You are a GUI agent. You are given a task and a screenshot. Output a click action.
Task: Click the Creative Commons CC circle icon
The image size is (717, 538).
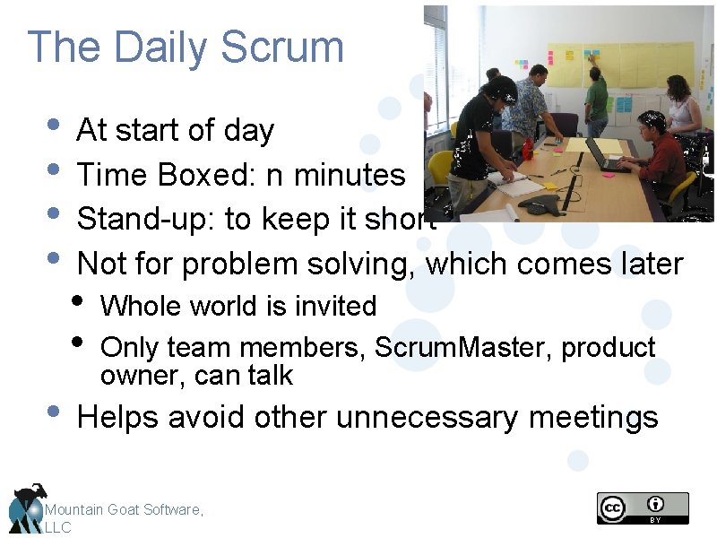(x=613, y=508)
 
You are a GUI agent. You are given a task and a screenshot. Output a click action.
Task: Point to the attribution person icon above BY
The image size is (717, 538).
(x=657, y=504)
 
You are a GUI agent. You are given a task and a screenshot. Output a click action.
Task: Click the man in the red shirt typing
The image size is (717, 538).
(x=661, y=152)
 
